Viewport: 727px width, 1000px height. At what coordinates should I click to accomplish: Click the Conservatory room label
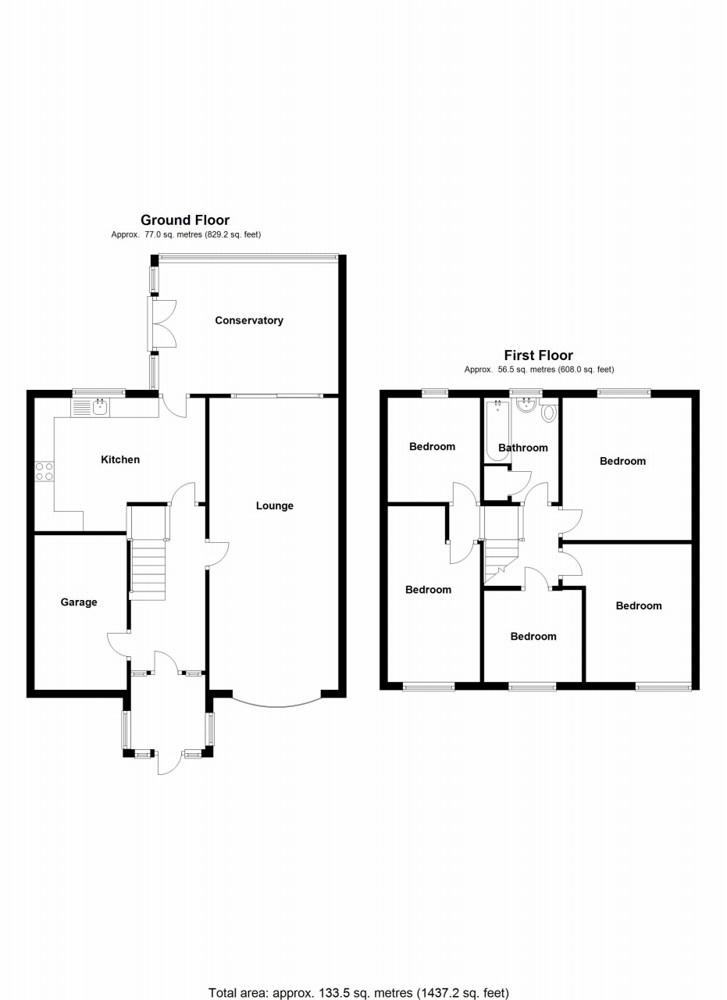[249, 320]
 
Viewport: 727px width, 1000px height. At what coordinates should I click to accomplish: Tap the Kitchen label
[120, 459]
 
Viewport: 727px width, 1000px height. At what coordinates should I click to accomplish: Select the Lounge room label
[275, 505]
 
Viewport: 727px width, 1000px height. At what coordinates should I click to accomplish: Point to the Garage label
[79, 602]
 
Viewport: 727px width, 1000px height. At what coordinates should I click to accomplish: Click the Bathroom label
[523, 448]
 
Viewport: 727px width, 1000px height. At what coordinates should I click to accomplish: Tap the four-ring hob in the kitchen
[44, 470]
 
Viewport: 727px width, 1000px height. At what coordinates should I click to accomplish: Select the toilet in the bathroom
[548, 412]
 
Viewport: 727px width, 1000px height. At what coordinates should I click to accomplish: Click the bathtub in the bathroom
[497, 430]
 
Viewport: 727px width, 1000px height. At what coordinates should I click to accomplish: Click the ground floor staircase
[148, 571]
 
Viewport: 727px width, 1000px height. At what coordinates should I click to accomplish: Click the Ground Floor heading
[185, 220]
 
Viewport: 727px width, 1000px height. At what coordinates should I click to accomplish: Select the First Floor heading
[539, 355]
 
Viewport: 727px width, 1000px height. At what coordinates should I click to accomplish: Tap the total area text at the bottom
[358, 993]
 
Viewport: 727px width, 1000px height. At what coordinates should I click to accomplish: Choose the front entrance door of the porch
[168, 762]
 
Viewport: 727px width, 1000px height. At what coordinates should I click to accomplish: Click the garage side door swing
[118, 644]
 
